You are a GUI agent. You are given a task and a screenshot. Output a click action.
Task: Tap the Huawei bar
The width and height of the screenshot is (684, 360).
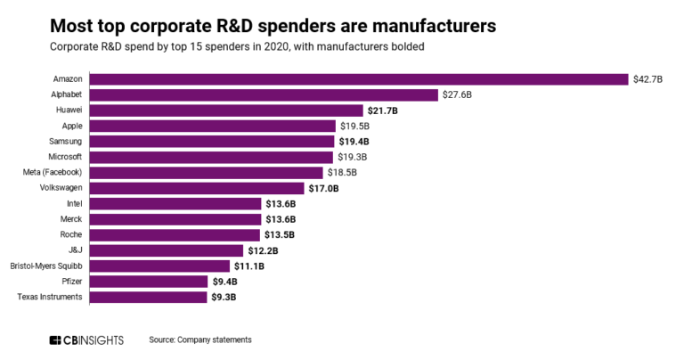[x=226, y=110]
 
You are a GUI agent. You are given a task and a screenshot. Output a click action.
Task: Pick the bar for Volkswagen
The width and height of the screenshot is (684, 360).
[x=196, y=188]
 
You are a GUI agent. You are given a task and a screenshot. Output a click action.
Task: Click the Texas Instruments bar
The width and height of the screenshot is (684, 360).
[x=148, y=297]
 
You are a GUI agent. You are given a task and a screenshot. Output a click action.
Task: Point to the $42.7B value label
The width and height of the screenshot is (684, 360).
[x=649, y=79]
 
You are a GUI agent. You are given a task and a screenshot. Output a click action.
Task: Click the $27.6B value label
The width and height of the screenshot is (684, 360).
[x=460, y=94]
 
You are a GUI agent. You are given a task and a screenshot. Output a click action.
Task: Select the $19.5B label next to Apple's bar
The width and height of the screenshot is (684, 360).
[x=354, y=126]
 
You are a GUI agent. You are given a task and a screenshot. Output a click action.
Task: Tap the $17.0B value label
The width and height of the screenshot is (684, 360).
[x=323, y=188]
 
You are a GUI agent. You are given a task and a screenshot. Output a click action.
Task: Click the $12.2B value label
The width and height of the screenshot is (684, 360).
[x=263, y=250]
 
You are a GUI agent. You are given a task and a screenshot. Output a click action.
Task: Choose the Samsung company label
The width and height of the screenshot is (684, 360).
[x=65, y=142]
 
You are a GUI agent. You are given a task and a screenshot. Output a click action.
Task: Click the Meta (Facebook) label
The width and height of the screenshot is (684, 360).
[x=51, y=172]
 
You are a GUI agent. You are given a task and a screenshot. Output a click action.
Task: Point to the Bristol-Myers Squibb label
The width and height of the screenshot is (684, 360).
[x=45, y=266]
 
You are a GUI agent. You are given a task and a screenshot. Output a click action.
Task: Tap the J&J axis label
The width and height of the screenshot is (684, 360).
[x=74, y=250]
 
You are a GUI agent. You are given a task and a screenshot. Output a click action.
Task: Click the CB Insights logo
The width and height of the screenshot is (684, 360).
[x=86, y=340]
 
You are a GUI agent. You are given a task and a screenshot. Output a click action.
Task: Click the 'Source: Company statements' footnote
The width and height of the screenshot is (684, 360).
[x=200, y=340]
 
